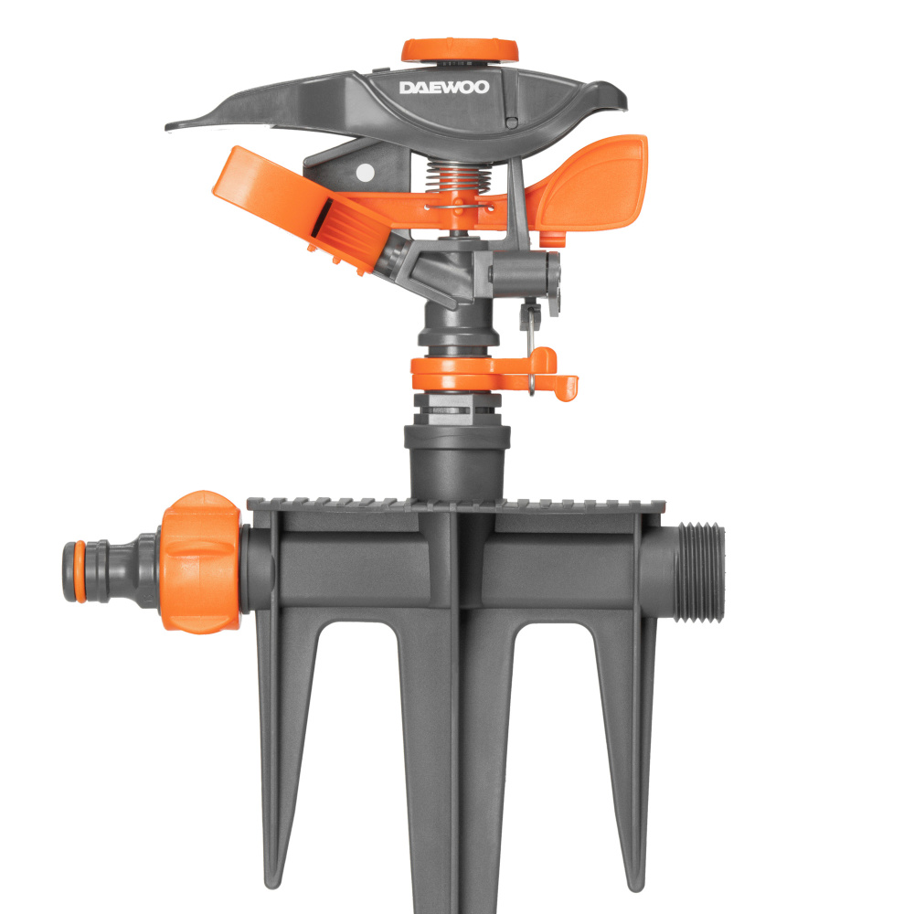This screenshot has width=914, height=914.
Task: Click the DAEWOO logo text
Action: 443,88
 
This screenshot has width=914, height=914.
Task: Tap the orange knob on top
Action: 460,50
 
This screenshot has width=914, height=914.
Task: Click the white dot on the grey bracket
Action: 365,173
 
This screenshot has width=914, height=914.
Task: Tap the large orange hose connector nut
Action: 200,561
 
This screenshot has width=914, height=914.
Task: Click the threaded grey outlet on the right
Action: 699,572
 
